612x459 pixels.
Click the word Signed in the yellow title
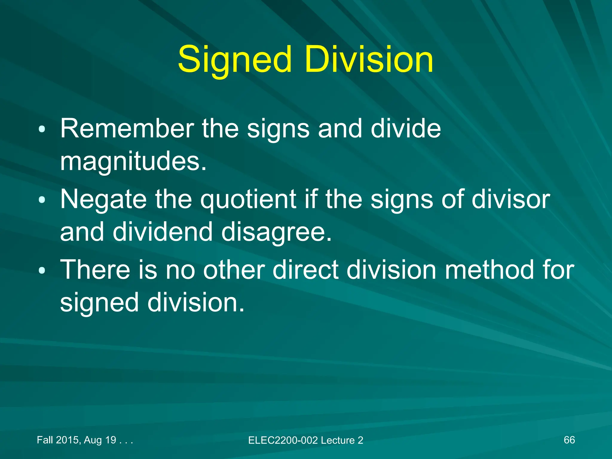[235, 60]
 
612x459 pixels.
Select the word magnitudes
[133, 161]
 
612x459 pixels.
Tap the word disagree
[276, 232]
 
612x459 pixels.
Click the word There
[95, 270]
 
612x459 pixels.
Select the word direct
[305, 270]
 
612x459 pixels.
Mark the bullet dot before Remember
[42, 129]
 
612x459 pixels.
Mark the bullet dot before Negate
[42, 200]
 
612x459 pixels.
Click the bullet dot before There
[42, 270]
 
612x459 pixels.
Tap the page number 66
[569, 440]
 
